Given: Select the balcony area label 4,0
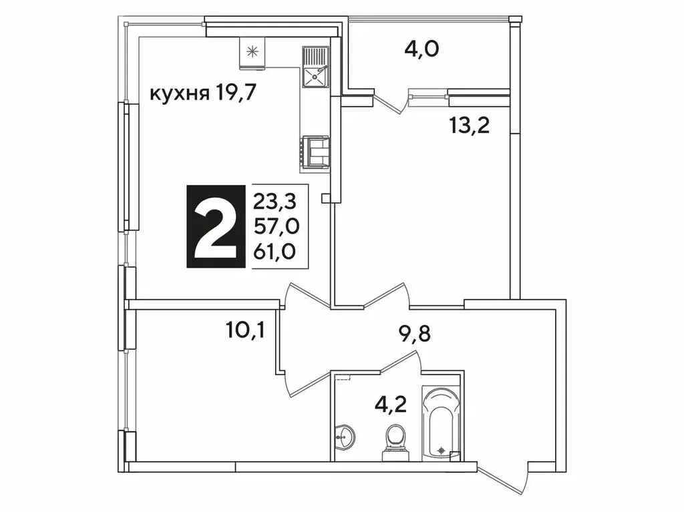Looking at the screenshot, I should click(x=421, y=49).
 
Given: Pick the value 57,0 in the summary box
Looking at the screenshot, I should click(x=275, y=227).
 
